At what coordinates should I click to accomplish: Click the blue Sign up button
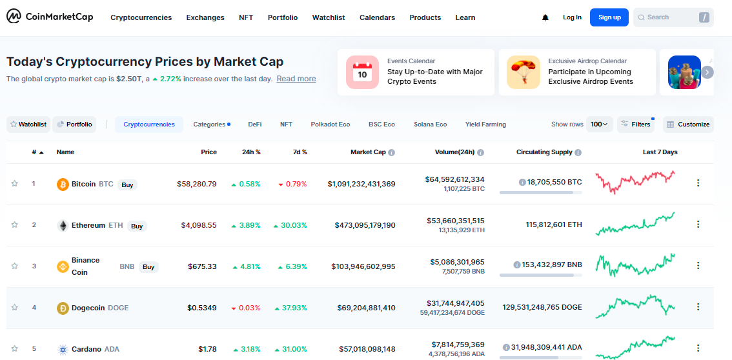[x=609, y=17]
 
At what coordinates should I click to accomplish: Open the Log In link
[x=572, y=17]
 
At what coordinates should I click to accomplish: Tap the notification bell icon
[x=545, y=18]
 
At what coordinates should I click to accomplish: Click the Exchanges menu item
[x=205, y=17]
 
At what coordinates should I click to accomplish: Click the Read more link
[x=296, y=79]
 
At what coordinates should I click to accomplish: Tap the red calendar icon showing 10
[x=362, y=72]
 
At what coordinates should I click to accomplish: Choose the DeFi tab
[x=255, y=125]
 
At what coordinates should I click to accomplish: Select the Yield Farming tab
[x=485, y=125]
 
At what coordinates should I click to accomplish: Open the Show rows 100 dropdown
[x=599, y=125]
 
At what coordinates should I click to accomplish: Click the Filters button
[x=635, y=125]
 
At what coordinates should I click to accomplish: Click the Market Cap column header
[x=368, y=152]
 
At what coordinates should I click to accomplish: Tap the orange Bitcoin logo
[x=63, y=185]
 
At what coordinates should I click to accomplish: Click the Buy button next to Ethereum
[x=136, y=226]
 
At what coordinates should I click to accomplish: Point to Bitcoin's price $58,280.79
[x=197, y=184]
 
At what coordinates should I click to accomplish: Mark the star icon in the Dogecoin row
[x=15, y=307]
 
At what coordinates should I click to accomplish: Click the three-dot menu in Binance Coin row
[x=698, y=266]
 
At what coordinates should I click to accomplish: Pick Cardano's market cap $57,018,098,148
[x=362, y=349]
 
